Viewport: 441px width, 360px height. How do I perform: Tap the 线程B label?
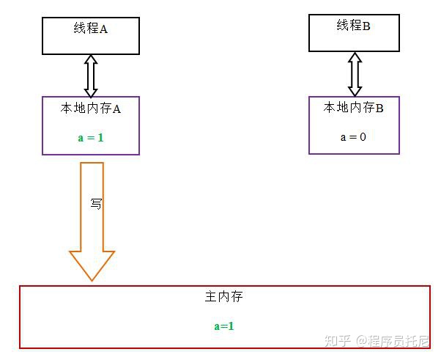354,26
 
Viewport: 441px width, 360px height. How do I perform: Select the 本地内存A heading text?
91,109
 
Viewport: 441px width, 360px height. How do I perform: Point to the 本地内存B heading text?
354,108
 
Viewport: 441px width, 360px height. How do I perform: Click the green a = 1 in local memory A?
91,137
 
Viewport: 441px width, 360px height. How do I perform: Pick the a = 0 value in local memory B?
353,136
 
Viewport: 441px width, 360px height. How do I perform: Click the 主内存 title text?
223,297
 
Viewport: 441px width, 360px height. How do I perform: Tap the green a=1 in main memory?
224,326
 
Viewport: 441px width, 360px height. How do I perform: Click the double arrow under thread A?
91,76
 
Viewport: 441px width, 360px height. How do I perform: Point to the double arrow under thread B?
355,73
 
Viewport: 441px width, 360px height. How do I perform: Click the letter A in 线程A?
103,29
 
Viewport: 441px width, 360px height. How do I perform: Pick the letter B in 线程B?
366,26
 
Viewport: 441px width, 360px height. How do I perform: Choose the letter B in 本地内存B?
379,108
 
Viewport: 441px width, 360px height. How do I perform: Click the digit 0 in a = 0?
363,136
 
